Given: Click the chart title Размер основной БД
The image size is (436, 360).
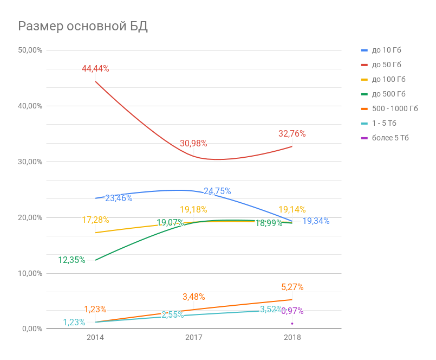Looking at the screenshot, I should pos(83,27).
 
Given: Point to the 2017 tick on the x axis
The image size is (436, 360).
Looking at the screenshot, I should pos(194,337).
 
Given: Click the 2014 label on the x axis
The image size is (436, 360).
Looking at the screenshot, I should pos(95,337).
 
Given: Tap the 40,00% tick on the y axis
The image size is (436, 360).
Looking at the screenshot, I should pos(30,106).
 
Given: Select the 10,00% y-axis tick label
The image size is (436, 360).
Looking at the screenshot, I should pos(30,273).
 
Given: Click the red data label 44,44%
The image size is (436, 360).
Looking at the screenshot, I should pos(95,69).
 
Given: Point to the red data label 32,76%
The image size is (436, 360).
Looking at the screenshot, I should pos(292,133).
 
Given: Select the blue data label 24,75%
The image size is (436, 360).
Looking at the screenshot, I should pos(217,191).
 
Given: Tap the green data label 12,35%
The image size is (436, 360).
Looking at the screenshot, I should pos(71,260).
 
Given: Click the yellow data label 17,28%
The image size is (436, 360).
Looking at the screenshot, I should pos(95,220).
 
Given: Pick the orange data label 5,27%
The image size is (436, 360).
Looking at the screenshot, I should pos(292,287).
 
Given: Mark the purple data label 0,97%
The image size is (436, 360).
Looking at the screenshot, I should pos(292,311).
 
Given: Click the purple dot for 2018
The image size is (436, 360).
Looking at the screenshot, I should pos(292,324).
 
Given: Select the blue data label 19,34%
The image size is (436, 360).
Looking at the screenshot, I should pos(316,221).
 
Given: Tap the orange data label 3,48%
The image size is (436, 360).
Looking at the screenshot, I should pos(193,297).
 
